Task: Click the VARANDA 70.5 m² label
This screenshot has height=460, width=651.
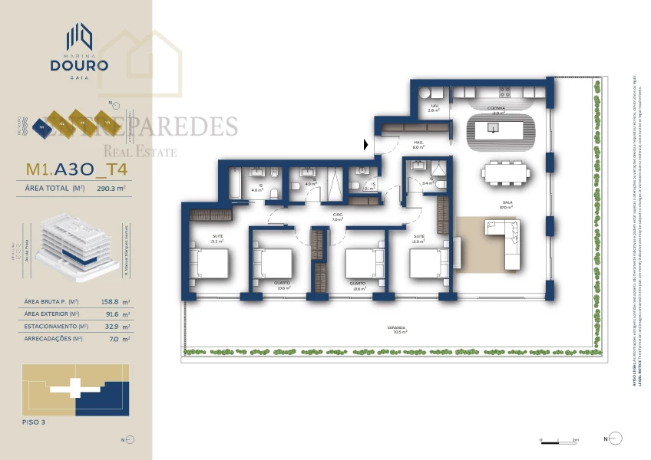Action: pos(397,329)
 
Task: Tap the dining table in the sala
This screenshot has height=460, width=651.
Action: pos(507,174)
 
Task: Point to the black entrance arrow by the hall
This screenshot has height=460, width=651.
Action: pos(366,143)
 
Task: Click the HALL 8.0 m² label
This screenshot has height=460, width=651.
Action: pos(419,143)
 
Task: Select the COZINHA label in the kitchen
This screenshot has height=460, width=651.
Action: pos(496,110)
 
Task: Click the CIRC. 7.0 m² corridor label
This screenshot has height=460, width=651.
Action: pos(337,217)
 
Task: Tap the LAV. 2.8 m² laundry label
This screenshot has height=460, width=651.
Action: pos(434,108)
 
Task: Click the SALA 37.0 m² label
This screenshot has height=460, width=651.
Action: pos(506,205)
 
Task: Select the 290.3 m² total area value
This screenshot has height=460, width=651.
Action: pos(111,188)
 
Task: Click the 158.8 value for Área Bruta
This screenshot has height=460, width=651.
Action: pos(111,302)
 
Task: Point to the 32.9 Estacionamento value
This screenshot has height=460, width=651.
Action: pos(111,326)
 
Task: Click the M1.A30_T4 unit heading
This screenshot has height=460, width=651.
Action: pos(76,169)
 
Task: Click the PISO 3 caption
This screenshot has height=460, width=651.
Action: pos(36,421)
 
